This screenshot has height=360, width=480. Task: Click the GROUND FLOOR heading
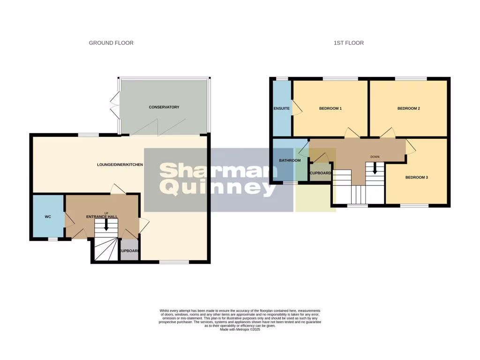pyautogui.click(x=111, y=43)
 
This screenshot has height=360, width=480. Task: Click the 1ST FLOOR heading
pyautogui.click(x=348, y=43)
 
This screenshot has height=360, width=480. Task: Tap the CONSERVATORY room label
pyautogui.click(x=164, y=107)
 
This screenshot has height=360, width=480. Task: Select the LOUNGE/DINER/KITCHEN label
pyautogui.click(x=120, y=165)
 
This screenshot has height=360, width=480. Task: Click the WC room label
pyautogui.click(x=47, y=217)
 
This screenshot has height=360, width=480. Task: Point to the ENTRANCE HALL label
pyautogui.click(x=102, y=217)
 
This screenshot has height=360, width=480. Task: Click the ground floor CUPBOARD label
pyautogui.click(x=129, y=251)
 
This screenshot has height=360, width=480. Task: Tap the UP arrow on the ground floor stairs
pyautogui.click(x=106, y=225)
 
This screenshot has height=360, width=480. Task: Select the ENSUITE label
pyautogui.click(x=281, y=109)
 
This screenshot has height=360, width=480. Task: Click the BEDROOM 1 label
pyautogui.click(x=330, y=109)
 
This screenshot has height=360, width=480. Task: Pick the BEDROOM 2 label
pyautogui.click(x=408, y=109)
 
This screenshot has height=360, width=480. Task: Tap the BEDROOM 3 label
pyautogui.click(x=416, y=178)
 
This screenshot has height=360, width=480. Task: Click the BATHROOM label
pyautogui.click(x=290, y=160)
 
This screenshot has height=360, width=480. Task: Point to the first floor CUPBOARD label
pyautogui.click(x=321, y=173)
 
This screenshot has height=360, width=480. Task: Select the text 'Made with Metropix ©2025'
pyautogui.click(x=240, y=330)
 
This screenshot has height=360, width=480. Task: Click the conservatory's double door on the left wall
pyautogui.click(x=114, y=105)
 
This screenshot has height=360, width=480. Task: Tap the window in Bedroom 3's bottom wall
pyautogui.click(x=414, y=206)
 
